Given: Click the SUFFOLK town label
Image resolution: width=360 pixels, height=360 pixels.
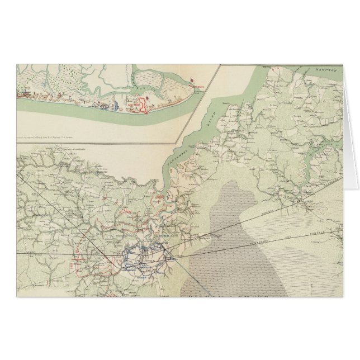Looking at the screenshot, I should pyautogui.click(x=151, y=259).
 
